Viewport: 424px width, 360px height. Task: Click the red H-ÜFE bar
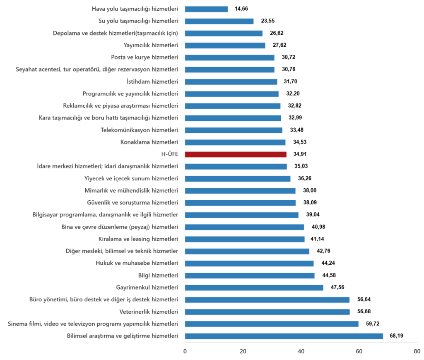(x=236, y=154)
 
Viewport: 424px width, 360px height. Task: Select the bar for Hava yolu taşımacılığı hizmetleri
(x=206, y=9)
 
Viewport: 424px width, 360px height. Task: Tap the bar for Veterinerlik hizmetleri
(x=267, y=312)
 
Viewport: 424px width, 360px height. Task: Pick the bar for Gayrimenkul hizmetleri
(x=254, y=288)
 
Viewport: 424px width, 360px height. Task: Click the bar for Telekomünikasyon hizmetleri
(x=234, y=130)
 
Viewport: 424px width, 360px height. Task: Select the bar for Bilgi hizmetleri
(x=250, y=276)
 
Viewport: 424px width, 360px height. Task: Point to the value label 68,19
(x=396, y=336)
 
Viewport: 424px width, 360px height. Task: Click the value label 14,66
(x=241, y=9)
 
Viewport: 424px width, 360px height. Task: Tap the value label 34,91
(x=300, y=154)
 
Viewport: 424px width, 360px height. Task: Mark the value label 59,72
(x=372, y=324)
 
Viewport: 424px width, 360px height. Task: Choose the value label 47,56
(x=337, y=288)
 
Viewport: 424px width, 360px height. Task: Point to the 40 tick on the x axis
(x=301, y=351)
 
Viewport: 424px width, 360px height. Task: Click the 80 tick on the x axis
(x=417, y=351)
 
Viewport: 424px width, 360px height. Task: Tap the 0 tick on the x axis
(x=185, y=351)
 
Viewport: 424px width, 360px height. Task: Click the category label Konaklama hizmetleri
(x=149, y=142)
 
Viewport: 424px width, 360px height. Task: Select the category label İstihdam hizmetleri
(x=152, y=82)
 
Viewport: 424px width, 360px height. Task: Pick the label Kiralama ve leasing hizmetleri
(x=138, y=239)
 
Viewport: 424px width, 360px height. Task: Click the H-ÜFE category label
(x=169, y=154)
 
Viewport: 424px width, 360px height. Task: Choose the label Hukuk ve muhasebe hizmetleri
(x=137, y=263)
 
